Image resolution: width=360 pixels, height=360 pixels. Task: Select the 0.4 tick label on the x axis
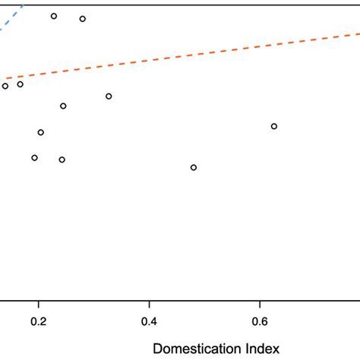(x=150, y=321)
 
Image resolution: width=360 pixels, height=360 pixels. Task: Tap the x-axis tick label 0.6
(x=261, y=321)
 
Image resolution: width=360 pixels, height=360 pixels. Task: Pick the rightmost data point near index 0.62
(x=274, y=126)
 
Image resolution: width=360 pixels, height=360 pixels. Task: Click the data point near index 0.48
(x=194, y=167)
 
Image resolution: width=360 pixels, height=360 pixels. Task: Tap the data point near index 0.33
(x=109, y=96)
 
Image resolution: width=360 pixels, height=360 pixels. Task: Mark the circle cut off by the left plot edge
(x=5, y=86)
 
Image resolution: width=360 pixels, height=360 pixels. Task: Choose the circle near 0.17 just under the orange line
(x=21, y=84)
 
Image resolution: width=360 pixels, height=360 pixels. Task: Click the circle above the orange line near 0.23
(x=54, y=16)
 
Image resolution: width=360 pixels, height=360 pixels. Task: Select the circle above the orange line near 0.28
(x=83, y=19)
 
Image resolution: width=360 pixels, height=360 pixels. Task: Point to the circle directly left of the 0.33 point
(x=63, y=106)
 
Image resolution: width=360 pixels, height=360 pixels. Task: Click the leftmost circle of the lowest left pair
(x=34, y=158)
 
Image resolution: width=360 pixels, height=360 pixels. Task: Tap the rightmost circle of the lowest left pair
(x=62, y=159)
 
